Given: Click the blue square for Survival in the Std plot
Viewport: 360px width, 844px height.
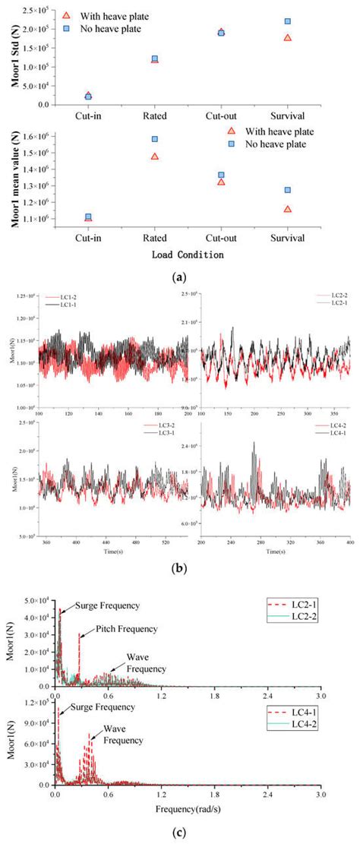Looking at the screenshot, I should tap(287, 21).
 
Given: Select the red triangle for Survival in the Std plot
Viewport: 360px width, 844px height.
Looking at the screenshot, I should tap(287, 37).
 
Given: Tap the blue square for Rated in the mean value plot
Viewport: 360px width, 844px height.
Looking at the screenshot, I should tap(154, 139).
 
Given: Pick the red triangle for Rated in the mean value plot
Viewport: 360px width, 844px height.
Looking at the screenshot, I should tap(154, 156).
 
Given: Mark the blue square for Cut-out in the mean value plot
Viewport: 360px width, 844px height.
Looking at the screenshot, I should tap(221, 175).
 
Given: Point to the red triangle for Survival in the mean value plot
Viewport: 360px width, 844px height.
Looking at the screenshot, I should tap(287, 209).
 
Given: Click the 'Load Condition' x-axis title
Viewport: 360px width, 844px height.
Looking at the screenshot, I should tap(187, 254).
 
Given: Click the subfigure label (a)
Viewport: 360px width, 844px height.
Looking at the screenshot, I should tap(180, 278).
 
